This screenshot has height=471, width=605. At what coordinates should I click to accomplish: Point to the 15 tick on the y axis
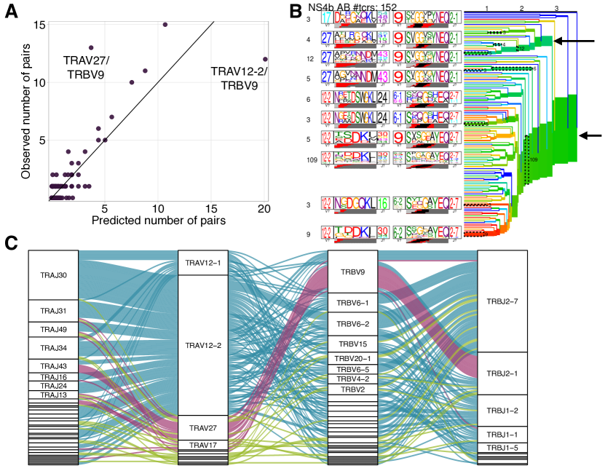[42, 25]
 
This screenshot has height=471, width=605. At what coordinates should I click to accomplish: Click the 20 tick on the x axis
[264, 207]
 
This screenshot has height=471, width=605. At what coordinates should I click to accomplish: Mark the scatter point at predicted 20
[265, 59]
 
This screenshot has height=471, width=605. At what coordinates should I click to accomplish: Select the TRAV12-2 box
[203, 345]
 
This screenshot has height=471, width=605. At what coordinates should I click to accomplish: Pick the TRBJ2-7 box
[502, 301]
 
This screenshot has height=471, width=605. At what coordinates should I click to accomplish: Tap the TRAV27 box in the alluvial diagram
[203, 427]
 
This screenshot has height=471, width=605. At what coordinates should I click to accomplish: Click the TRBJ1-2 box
[502, 411]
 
